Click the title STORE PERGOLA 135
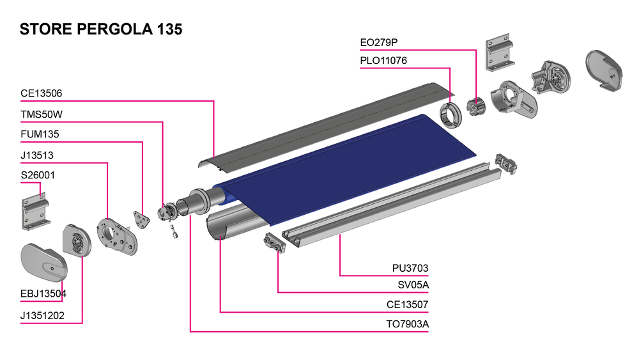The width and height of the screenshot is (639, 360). coord(102,29)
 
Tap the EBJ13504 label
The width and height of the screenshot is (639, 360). coord(43,294)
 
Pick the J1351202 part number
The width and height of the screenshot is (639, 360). coord(43,315)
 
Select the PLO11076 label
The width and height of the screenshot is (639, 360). coord(383,61)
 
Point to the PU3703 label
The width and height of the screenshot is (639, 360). coord(410,268)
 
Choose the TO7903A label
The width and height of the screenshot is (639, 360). coord(407,324)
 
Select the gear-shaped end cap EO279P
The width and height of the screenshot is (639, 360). coord(476,106)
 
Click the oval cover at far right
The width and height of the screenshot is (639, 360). coord(604,70)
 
